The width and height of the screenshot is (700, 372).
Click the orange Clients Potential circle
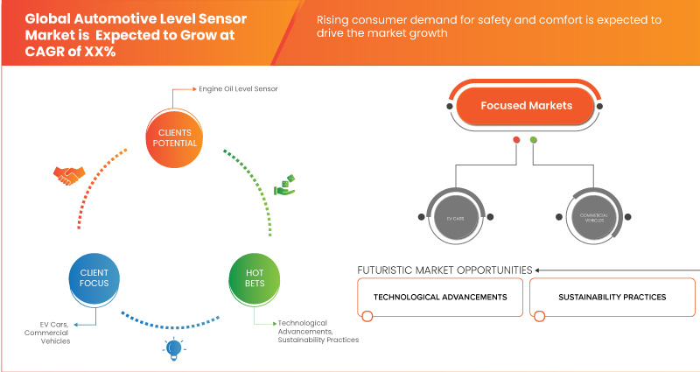[171, 138]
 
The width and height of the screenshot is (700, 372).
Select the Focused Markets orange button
[525, 106]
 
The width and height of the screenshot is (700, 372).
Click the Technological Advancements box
[440, 298]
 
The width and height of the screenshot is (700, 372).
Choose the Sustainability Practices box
[612, 298]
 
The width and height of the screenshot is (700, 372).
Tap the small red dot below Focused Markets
[516, 139]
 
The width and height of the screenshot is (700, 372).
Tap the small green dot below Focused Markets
[534, 139]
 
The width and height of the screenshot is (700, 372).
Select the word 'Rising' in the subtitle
[336, 18]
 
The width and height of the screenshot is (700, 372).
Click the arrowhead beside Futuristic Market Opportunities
[539, 270]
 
